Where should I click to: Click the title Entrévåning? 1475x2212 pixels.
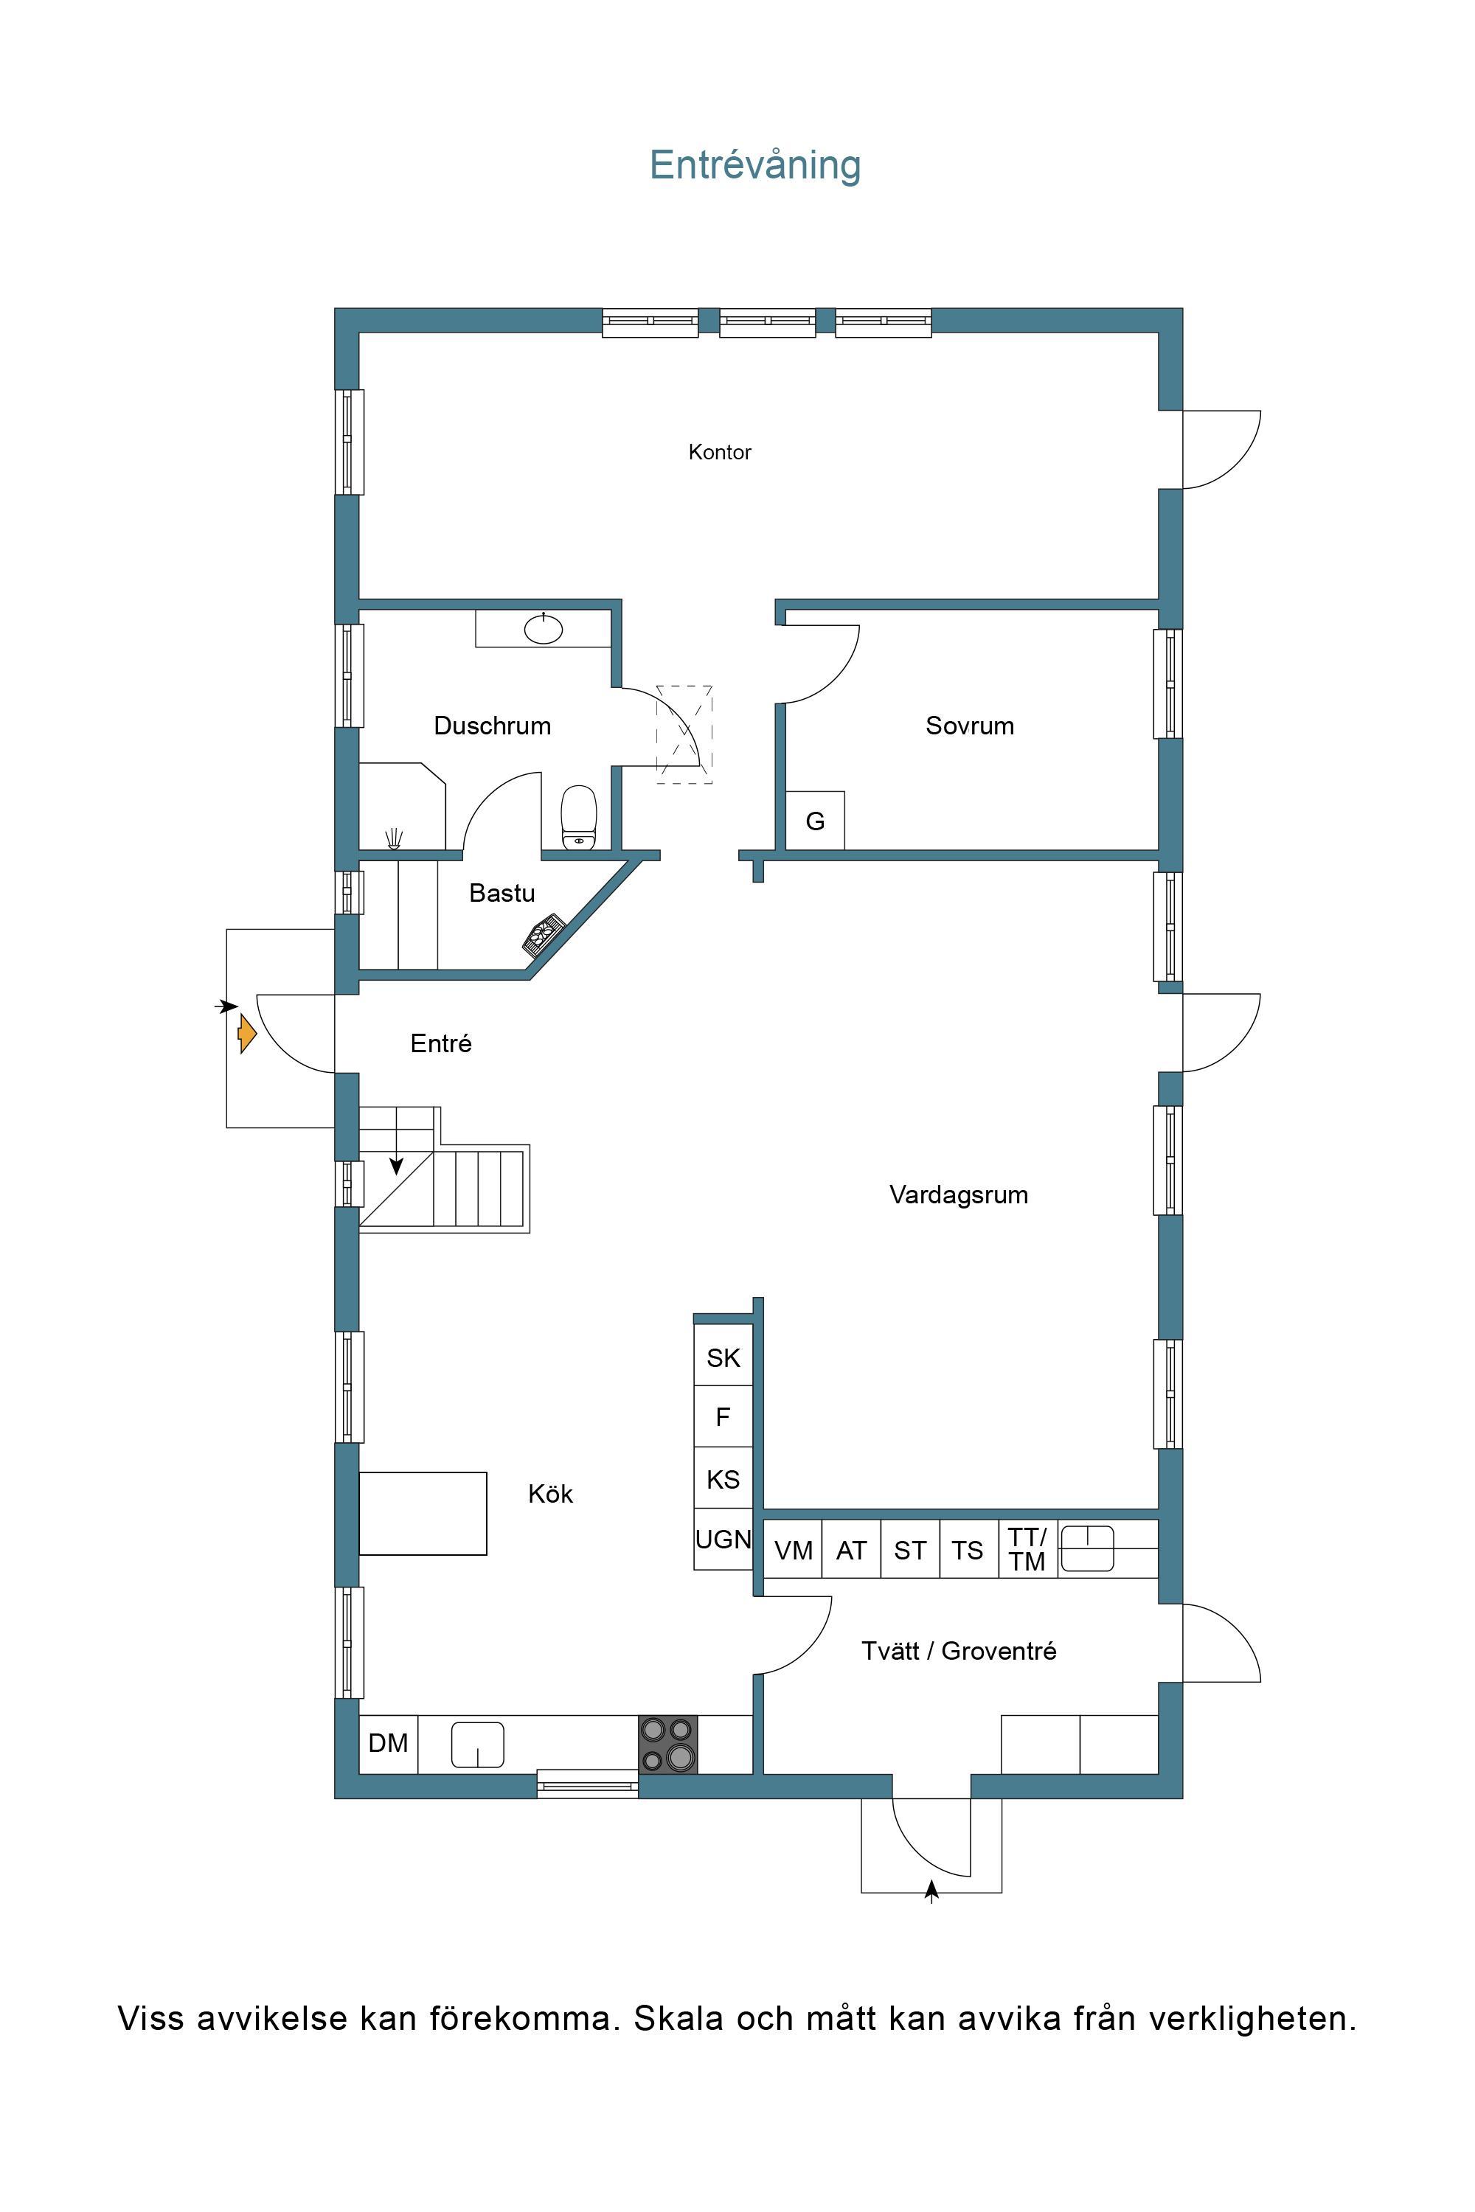(755, 165)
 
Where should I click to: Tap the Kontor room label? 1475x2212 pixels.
(720, 453)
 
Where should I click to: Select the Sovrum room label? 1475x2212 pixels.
(970, 726)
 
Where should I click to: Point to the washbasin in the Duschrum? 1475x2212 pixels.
(543, 628)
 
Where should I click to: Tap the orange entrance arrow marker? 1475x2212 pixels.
(246, 1034)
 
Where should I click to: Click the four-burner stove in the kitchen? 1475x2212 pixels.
(668, 1745)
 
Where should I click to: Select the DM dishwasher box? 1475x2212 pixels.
(389, 1745)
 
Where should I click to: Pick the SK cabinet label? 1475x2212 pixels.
(723, 1358)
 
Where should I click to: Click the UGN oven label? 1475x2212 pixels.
(723, 1540)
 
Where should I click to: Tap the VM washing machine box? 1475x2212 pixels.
(793, 1550)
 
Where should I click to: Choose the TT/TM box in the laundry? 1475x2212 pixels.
(1028, 1550)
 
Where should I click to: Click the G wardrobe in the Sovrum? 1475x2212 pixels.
(815, 821)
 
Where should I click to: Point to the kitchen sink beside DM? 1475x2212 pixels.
(478, 1745)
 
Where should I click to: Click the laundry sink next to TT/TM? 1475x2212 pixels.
(1087, 1549)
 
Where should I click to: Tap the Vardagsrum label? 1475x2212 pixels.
(959, 1195)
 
